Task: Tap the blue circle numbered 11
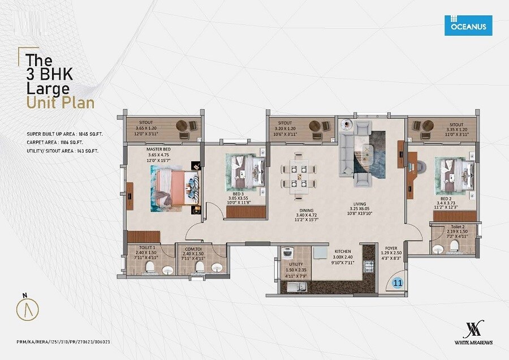(x=398, y=284)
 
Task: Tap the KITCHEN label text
(x=342, y=251)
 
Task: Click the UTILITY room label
(x=296, y=264)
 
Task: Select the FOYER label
(x=392, y=247)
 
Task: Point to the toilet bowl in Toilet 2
(x=437, y=250)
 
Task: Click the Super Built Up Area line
(x=72, y=133)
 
